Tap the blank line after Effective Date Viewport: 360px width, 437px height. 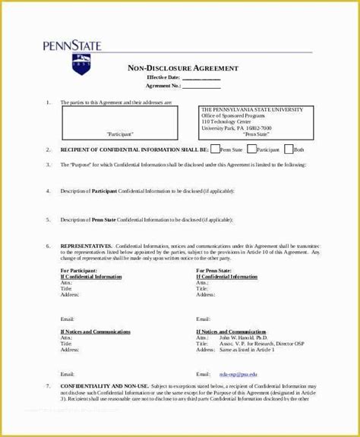point(201,77)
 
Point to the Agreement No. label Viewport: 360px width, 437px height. point(163,85)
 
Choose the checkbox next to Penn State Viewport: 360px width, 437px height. point(216,149)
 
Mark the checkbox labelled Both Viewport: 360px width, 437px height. point(288,149)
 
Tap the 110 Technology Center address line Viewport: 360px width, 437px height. point(226,121)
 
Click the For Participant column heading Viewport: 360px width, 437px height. point(78,270)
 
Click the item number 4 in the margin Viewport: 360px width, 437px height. point(48,190)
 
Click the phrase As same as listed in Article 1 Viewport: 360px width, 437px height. point(241,350)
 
